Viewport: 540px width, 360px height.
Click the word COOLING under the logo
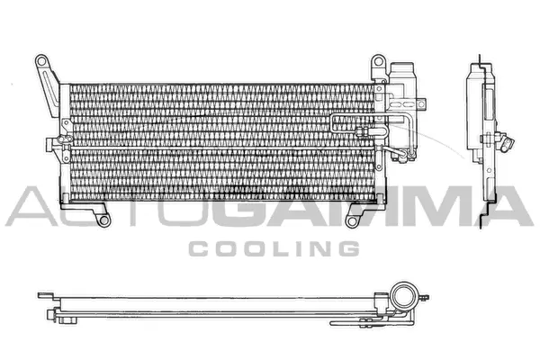coord(271,247)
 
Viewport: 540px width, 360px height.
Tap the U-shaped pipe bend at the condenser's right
coord(337,124)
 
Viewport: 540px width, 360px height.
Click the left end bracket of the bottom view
coord(45,294)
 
